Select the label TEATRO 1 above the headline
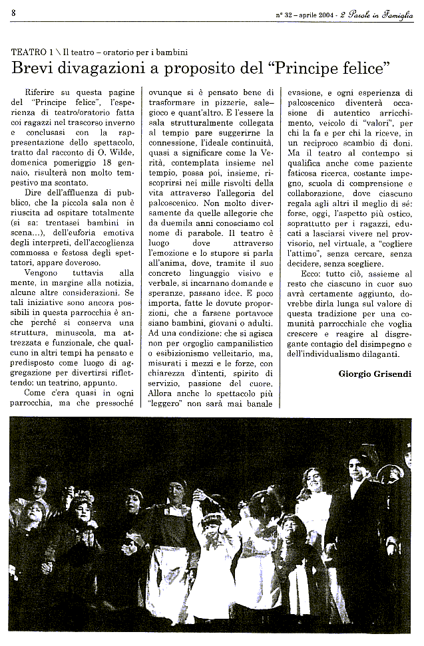pyautogui.click(x=34, y=52)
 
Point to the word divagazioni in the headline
pyautogui.click(x=100, y=68)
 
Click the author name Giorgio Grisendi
pyautogui.click(x=375, y=374)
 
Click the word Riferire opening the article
pyautogui.click(x=42, y=92)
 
